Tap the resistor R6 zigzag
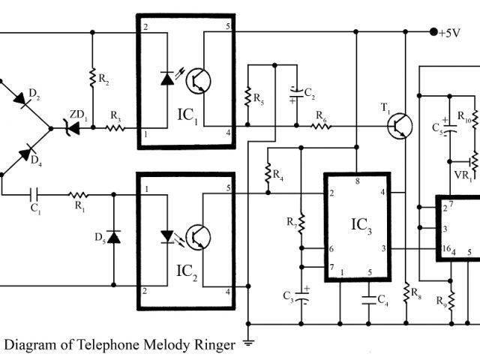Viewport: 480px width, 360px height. [321, 126]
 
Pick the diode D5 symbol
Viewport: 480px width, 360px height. [113, 237]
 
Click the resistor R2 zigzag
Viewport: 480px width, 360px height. [91, 77]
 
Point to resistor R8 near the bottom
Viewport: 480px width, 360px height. [406, 291]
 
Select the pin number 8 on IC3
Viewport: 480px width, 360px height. [357, 181]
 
